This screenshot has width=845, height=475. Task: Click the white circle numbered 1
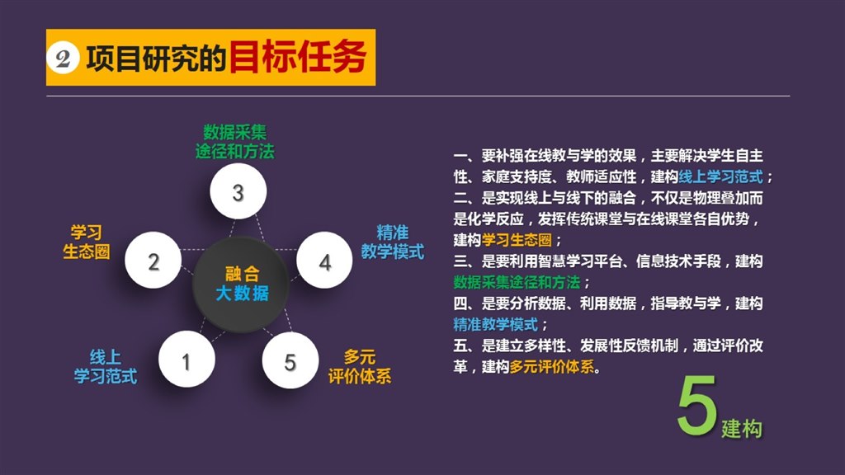pos(186,360)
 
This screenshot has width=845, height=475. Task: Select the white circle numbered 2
pos(153,261)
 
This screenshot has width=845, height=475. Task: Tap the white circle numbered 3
pos(238,191)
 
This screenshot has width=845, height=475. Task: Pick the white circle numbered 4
pos(324,261)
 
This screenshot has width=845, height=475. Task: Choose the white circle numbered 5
pos(290,360)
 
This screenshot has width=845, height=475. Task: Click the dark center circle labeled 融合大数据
pos(241,284)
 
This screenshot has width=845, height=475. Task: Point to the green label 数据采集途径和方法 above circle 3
pos(235,142)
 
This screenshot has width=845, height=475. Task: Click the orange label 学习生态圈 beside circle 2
pos(86,242)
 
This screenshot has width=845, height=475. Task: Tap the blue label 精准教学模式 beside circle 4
pos(392,242)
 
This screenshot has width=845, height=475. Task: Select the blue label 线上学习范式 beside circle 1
pos(106,366)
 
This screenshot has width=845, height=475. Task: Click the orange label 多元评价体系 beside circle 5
pos(360,366)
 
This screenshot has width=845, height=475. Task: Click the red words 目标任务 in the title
pos(298,57)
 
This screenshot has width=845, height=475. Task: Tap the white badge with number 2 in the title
pos(63,59)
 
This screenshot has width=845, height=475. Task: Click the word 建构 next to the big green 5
pos(742,429)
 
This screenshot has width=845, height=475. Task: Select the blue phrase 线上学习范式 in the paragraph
pos(721,176)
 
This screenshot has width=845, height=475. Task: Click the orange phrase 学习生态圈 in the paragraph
pos(517,240)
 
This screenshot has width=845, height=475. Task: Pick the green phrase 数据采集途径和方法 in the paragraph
pos(517,282)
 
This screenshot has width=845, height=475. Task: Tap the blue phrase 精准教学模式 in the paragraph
pos(496,323)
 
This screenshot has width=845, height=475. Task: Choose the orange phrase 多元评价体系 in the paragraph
pos(552,366)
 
